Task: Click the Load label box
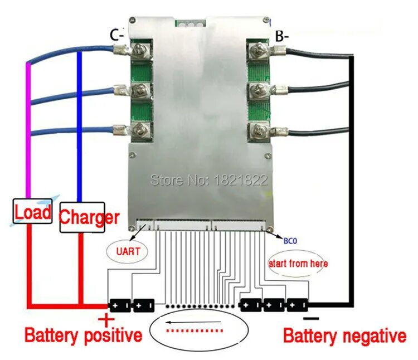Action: coord(33,211)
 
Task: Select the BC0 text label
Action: coord(290,241)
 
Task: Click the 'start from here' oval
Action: coord(298,263)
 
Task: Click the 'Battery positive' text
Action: coord(83,336)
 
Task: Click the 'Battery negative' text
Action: coord(344,336)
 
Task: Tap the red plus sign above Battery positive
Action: coord(106,319)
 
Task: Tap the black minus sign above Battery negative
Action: coord(312,318)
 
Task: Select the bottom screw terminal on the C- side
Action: coord(139,133)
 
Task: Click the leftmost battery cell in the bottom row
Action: coord(119,305)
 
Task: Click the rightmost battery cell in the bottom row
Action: coord(298,305)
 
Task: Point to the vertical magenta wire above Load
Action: coord(28,128)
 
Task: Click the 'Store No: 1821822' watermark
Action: coord(209,180)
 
